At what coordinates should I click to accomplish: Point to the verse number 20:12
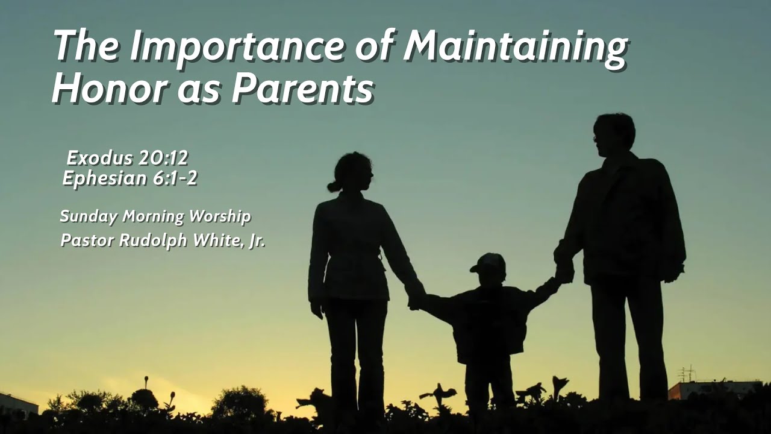[163, 159]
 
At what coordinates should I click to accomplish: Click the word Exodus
[99, 159]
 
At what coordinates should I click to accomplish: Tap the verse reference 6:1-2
[174, 179]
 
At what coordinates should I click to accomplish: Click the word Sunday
[89, 216]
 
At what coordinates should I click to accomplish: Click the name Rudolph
[154, 240]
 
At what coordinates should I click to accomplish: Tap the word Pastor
[87, 240]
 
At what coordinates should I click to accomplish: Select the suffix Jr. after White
[257, 241]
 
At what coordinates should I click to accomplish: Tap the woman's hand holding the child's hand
[415, 298]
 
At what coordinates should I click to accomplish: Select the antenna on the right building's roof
[685, 373]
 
